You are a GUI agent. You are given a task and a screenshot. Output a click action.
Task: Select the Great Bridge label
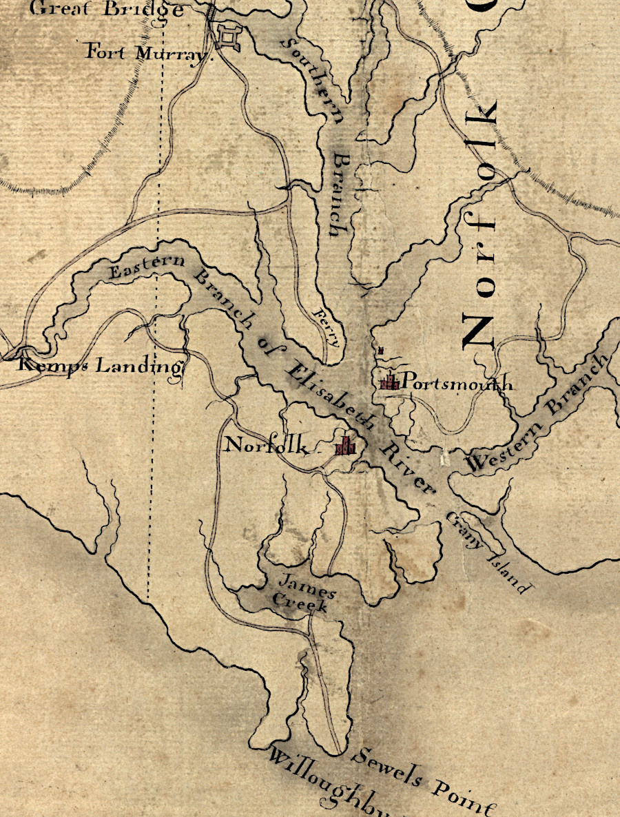coord(107,10)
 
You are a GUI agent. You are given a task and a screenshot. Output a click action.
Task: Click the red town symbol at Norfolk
coord(346,446)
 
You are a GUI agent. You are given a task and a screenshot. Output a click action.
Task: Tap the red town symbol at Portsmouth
coord(391,381)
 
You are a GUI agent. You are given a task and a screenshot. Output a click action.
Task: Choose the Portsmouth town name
coord(457,382)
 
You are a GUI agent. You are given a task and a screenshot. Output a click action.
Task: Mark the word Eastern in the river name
coord(146,267)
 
